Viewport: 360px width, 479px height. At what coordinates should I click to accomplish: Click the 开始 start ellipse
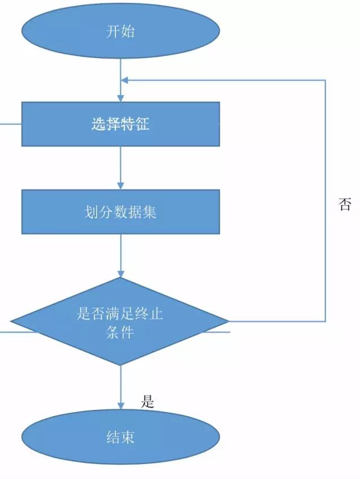pos(120,31)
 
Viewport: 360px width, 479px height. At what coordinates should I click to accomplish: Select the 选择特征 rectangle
pos(120,124)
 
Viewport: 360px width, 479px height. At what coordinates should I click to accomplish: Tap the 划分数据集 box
pos(120,212)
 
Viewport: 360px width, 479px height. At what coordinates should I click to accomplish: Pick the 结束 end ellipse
pos(120,437)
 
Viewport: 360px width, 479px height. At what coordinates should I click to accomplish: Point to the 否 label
pos(344,204)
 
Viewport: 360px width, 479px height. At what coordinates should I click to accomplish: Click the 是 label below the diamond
pos(147,401)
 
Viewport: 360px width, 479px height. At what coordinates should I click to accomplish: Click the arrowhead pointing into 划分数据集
pos(120,186)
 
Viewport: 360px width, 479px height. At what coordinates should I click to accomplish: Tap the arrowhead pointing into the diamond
pos(120,273)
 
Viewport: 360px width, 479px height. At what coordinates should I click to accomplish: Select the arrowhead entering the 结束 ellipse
pos(120,405)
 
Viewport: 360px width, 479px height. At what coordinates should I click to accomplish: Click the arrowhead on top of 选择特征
pos(120,98)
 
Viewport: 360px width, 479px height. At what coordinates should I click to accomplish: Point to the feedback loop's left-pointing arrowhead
pos(125,80)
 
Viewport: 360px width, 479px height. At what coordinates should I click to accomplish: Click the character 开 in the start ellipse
pos(112,31)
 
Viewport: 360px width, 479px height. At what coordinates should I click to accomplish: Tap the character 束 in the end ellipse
pos(128,437)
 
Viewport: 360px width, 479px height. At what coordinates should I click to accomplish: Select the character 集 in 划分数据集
pos(150,212)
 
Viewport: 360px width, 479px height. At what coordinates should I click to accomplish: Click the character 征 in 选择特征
pos(142,124)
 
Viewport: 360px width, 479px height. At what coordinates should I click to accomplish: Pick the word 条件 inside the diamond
pos(120,332)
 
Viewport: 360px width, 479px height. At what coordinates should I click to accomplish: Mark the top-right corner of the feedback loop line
pos(325,80)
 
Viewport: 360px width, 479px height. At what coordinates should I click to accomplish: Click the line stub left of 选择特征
pos(10,123)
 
